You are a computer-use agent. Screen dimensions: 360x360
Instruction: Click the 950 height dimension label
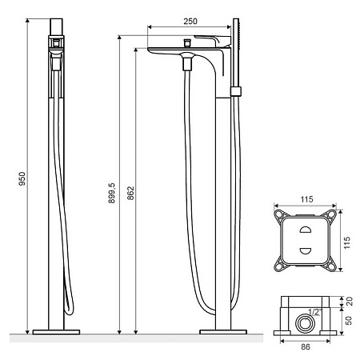point(22,178)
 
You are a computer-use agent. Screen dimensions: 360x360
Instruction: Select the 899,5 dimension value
point(112,193)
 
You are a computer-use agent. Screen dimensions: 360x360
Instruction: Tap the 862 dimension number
point(130,193)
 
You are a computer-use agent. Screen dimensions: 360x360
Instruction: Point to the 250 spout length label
point(190,22)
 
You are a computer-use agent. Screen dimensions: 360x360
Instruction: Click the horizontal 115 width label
point(306,199)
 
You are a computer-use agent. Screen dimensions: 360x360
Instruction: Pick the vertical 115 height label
point(347,242)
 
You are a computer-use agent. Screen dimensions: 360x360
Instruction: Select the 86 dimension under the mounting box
point(306,346)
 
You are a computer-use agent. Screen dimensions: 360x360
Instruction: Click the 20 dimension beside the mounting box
point(349,302)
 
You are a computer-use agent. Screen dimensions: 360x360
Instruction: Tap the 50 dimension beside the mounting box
point(349,321)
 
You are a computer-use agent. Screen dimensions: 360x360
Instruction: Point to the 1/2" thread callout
point(315,312)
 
